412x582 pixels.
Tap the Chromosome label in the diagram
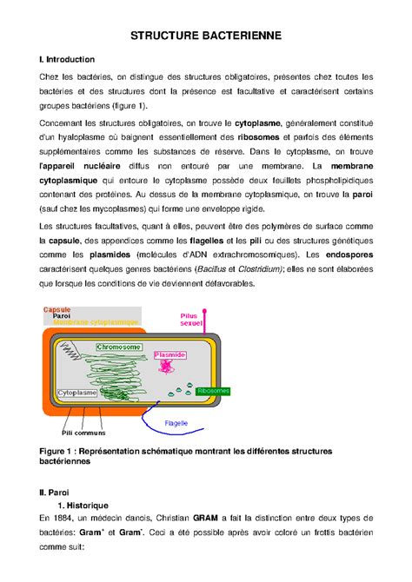(x=120, y=347)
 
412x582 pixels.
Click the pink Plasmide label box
(x=169, y=355)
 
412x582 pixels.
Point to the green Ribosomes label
(x=214, y=391)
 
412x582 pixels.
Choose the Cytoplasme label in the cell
(x=77, y=394)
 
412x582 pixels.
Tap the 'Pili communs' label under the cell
(x=83, y=432)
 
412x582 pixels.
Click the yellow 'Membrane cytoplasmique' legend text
(x=96, y=322)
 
